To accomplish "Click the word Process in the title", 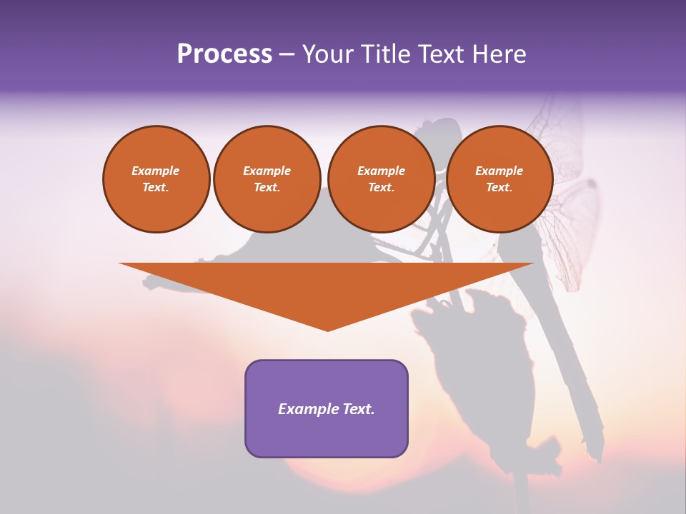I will coord(224,54).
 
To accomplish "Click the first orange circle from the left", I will coord(156,179).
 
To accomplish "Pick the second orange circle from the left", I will coord(267,179).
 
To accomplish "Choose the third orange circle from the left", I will coord(381,179).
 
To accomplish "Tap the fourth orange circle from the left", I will coord(499,179).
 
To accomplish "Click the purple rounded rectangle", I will coord(327,408).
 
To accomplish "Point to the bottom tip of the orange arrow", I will coord(328,330).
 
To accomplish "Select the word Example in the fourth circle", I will coord(499,171).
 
